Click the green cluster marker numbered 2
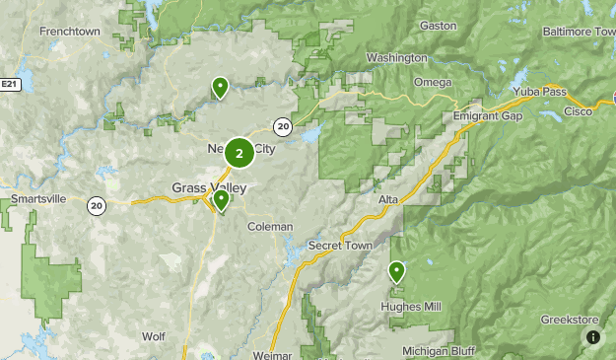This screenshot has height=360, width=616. (x=239, y=153)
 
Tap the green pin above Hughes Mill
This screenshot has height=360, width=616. (x=396, y=270)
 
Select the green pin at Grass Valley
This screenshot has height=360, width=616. (x=221, y=200)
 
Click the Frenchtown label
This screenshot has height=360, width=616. (x=71, y=32)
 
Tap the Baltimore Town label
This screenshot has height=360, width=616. (x=579, y=32)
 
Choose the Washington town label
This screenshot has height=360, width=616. (x=396, y=58)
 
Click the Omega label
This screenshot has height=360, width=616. (x=433, y=82)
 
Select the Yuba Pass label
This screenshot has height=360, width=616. (x=538, y=92)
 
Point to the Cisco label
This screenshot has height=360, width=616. (x=578, y=112)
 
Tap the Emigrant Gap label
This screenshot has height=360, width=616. (x=486, y=115)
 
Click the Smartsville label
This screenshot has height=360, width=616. (x=38, y=199)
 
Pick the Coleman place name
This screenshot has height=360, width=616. (x=270, y=227)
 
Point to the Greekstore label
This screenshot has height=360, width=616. (x=570, y=320)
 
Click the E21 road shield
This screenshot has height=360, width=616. (x=10, y=87)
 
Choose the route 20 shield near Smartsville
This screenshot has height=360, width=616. (x=96, y=205)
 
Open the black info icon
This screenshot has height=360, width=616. (x=593, y=337)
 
